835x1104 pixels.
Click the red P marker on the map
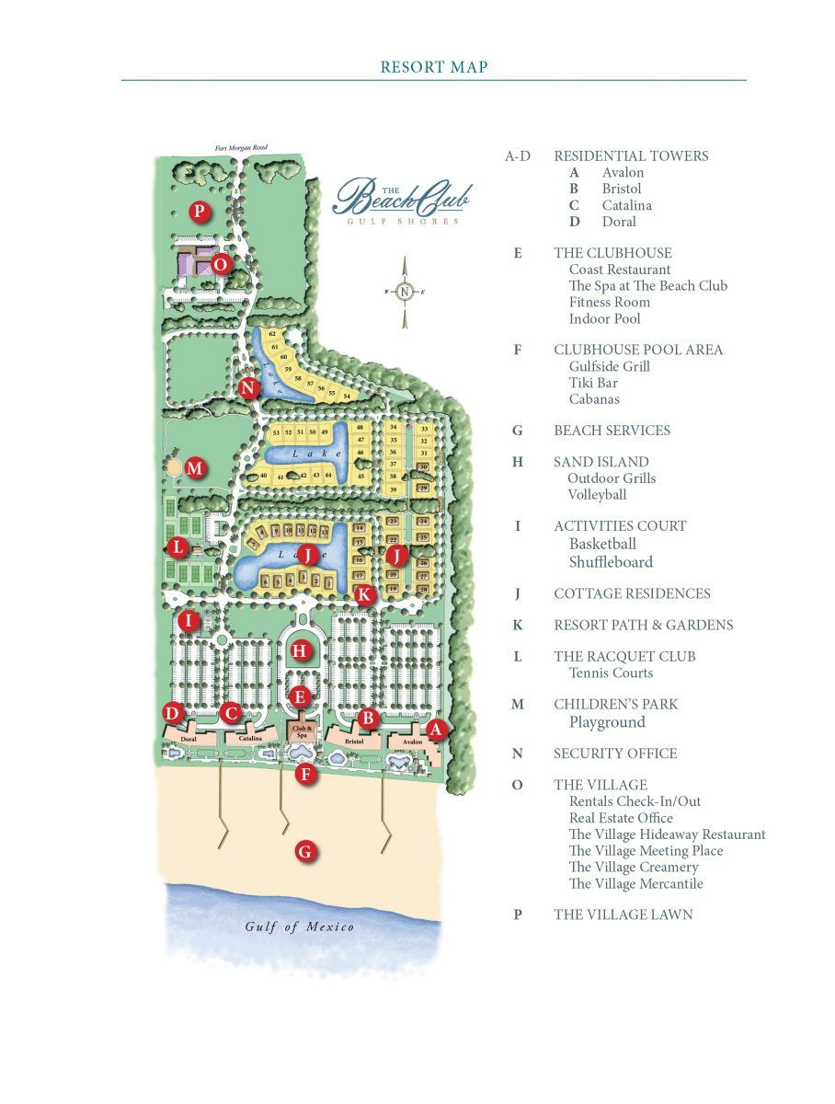[x=199, y=213]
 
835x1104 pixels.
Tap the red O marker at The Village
[x=220, y=264]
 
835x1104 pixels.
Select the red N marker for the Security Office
[x=247, y=387]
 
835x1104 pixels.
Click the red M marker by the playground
[x=194, y=468]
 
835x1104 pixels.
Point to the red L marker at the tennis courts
[x=179, y=548]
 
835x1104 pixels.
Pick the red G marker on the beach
[x=305, y=852]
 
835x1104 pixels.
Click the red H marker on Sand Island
[x=299, y=651]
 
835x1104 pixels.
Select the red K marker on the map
[x=364, y=594]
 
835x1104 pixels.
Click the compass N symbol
[x=404, y=293]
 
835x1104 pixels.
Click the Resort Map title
[x=434, y=67]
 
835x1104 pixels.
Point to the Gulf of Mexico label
[x=300, y=926]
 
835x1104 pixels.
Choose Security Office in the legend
[x=615, y=753]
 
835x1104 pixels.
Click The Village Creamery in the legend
[x=634, y=868]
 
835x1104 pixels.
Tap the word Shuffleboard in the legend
[x=611, y=562]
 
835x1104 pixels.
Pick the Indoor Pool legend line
[x=604, y=319]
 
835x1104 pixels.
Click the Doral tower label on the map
[x=189, y=739]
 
